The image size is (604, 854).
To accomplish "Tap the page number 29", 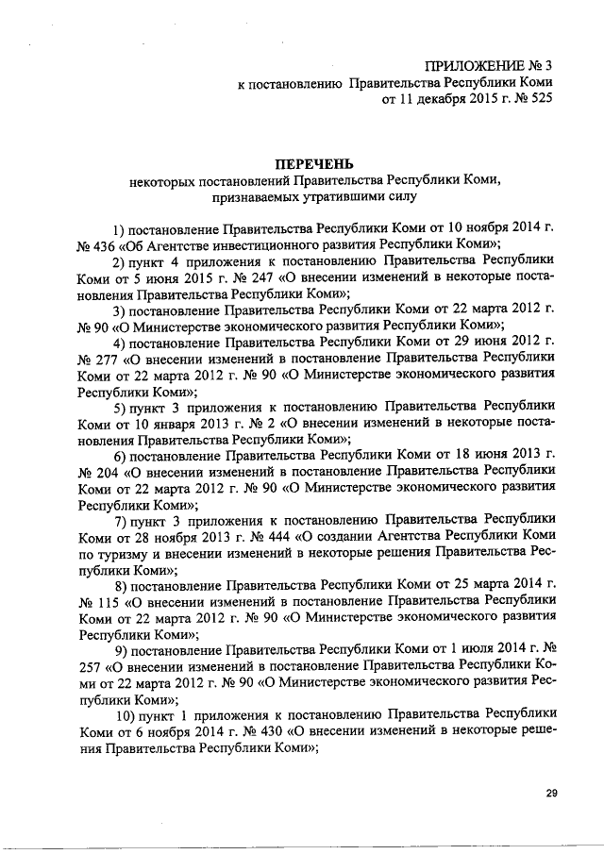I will point(551,794).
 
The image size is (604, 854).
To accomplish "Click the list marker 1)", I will point(119,229).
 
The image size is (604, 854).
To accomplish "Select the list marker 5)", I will point(119,408).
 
